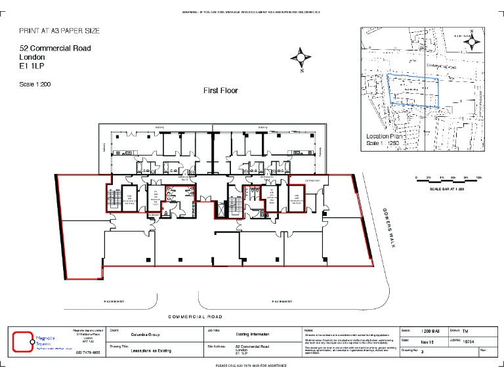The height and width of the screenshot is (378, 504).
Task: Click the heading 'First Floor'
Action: (220, 91)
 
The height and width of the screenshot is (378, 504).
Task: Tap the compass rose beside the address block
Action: (301, 60)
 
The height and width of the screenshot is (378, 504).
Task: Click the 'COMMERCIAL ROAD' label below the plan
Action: (196, 316)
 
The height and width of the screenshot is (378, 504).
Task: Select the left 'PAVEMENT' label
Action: (114, 302)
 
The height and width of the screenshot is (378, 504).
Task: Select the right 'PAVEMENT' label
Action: (282, 302)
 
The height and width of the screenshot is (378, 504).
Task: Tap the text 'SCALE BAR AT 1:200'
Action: (447, 189)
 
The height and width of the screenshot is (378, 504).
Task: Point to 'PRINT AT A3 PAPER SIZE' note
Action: (60, 31)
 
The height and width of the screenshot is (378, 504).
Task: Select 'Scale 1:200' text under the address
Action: (35, 84)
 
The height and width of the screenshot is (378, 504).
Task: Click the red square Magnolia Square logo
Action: (23, 341)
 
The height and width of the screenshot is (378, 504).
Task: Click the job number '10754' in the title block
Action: (469, 341)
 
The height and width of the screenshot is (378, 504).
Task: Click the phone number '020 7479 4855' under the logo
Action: (88, 353)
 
